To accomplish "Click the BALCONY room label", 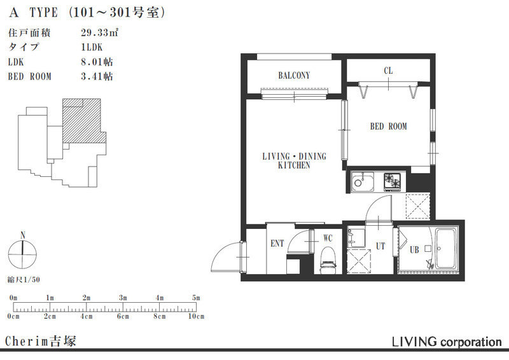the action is tap(294, 76).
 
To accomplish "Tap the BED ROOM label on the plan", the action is tap(388, 127).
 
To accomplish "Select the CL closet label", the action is tap(388, 71).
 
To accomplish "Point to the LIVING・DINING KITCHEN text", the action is tap(294, 161).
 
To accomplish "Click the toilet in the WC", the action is tap(328, 260).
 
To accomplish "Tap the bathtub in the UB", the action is tap(446, 249).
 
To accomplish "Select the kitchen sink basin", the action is tap(363, 182).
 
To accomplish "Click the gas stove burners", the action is tap(393, 181).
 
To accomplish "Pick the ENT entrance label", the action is tap(277, 244).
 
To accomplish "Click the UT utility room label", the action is tap(380, 246).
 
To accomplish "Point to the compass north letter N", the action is tap(23, 235).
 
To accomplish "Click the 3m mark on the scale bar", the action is tap(123, 298).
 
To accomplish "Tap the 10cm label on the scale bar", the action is tap(196, 316).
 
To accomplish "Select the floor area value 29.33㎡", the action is tap(99, 33).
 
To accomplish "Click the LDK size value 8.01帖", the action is tap(97, 62).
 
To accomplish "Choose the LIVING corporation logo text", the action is tap(447, 342).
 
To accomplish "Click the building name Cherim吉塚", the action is tap(41, 341).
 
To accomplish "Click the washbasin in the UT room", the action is tap(356, 239).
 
